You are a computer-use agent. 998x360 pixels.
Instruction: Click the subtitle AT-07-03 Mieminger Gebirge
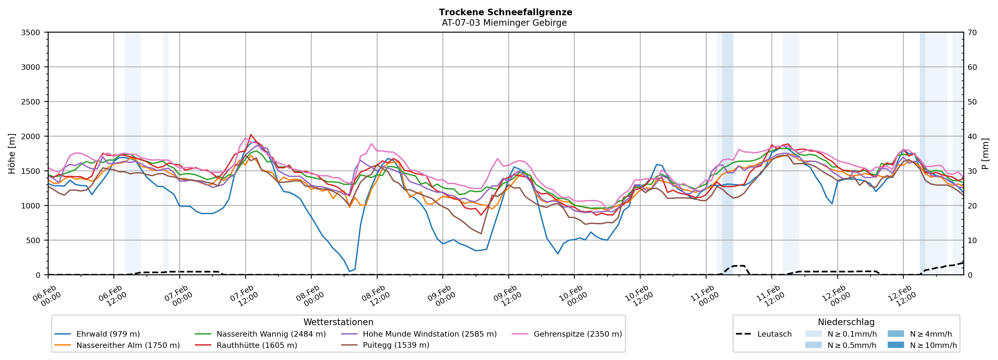coord(504,23)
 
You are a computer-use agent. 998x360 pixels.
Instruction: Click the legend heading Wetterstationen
coord(338,322)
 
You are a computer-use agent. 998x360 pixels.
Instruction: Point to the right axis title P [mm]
coord(985,153)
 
